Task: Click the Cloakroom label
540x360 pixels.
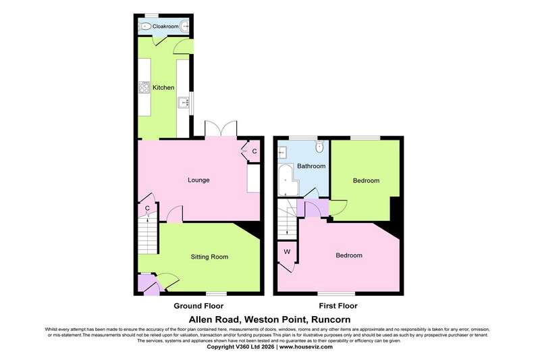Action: [165, 26]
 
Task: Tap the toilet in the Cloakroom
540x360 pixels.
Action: [145, 26]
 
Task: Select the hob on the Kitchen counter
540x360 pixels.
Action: [144, 87]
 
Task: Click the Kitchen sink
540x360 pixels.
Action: [184, 102]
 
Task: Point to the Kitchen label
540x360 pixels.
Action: [163, 88]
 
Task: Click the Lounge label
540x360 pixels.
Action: [198, 180]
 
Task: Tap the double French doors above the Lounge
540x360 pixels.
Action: [221, 129]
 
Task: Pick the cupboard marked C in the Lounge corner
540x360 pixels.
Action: [254, 151]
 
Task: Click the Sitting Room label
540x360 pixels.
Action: [209, 257]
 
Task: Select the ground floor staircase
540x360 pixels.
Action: [148, 236]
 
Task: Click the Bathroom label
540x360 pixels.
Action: [311, 166]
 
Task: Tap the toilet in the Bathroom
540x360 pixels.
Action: [319, 147]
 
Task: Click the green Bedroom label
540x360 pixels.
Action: [366, 180]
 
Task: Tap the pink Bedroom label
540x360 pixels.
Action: [349, 255]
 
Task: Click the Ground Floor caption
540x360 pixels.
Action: [198, 306]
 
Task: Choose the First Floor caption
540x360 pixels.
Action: [338, 306]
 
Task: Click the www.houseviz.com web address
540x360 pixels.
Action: [306, 347]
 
